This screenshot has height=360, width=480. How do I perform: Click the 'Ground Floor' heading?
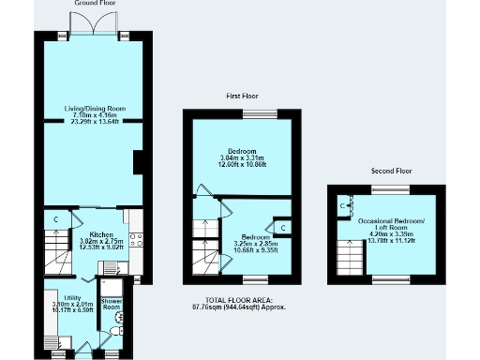point(93,4)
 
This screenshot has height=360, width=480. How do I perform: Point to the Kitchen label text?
point(101,233)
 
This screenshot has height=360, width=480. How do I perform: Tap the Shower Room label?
point(112,304)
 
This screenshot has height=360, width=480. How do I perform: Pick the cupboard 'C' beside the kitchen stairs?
point(55,220)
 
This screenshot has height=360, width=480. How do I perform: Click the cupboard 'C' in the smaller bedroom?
point(283,228)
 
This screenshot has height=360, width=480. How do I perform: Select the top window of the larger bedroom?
point(258,114)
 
